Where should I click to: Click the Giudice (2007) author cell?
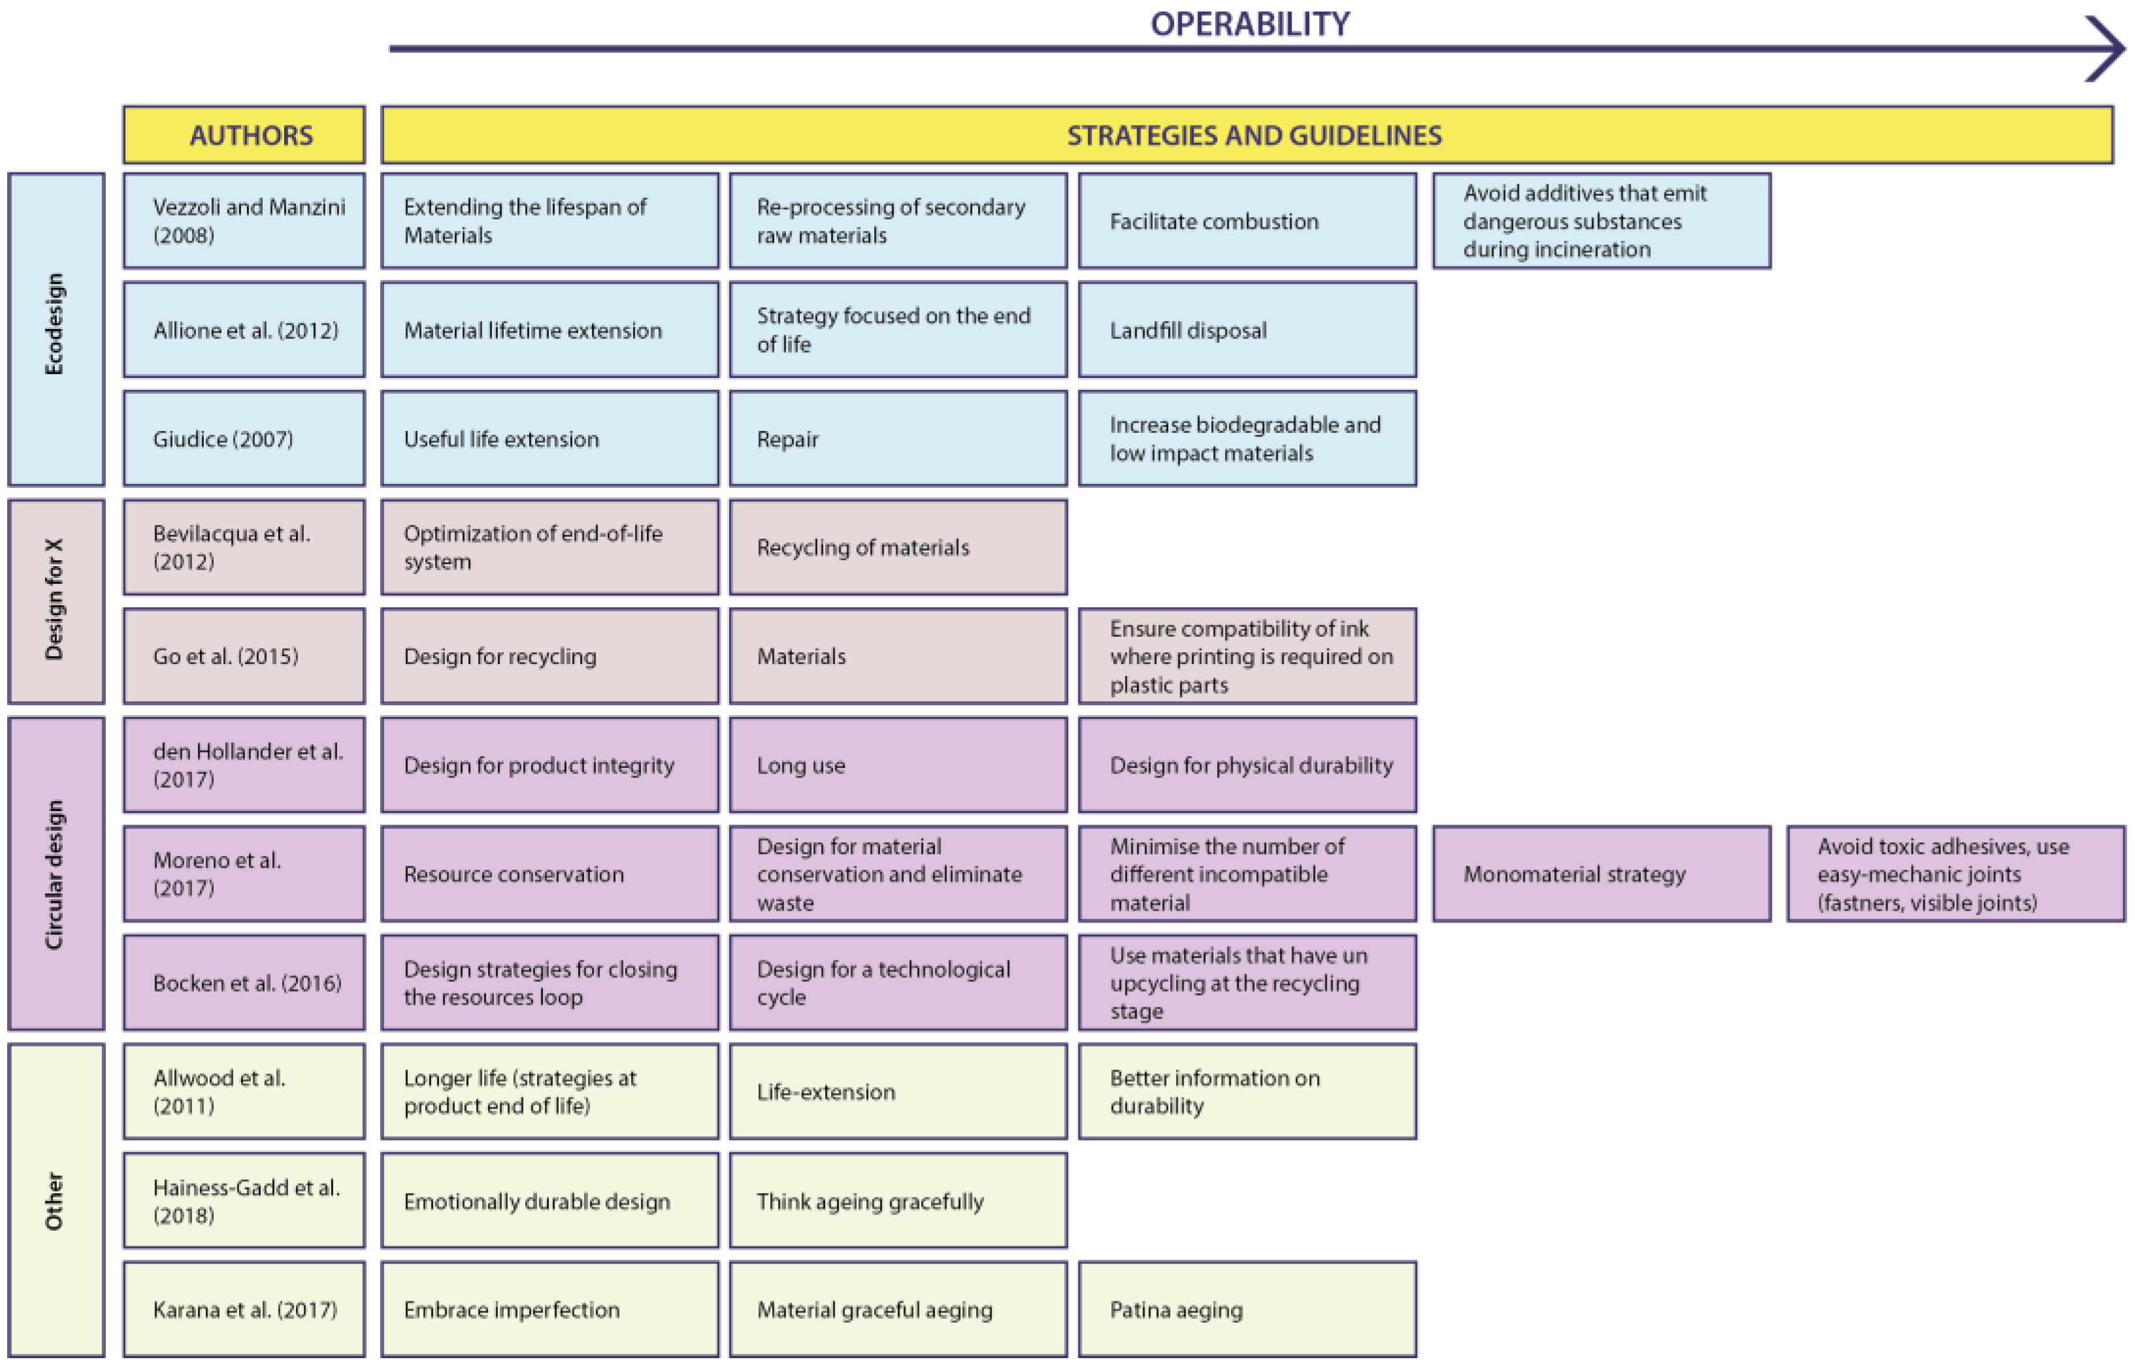pyautogui.click(x=244, y=438)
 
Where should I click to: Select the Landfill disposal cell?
pyautogui.click(x=1247, y=330)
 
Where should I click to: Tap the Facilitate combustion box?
pyautogui.click(x=1247, y=221)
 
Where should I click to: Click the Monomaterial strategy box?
pyautogui.click(x=1601, y=874)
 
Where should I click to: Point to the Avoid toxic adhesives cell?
pyautogui.click(x=1955, y=874)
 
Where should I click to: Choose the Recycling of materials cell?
pyautogui.click(x=898, y=547)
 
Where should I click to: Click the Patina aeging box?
pyautogui.click(x=1247, y=1309)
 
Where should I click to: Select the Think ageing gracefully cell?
pyautogui.click(x=898, y=1200)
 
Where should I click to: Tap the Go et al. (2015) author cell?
pyautogui.click(x=244, y=656)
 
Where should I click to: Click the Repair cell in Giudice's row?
pyautogui.click(x=898, y=438)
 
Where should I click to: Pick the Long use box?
pyautogui.click(x=898, y=765)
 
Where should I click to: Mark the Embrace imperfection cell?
pyautogui.click(x=549, y=1309)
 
